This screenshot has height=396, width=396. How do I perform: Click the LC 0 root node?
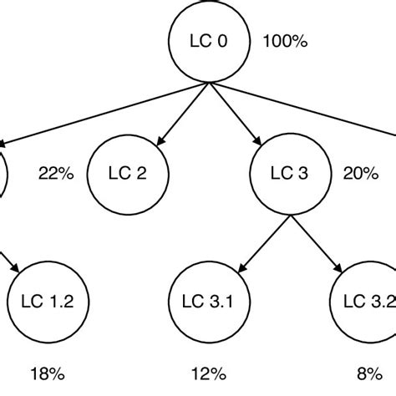click(x=205, y=43)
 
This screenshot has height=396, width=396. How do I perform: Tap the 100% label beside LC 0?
click(x=286, y=39)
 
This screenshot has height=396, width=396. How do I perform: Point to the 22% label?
click(x=57, y=173)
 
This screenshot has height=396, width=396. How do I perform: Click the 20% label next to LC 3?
click(x=361, y=173)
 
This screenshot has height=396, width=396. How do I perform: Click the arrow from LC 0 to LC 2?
click(x=172, y=114)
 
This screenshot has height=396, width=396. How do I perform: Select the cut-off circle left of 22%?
click(x=3, y=173)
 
